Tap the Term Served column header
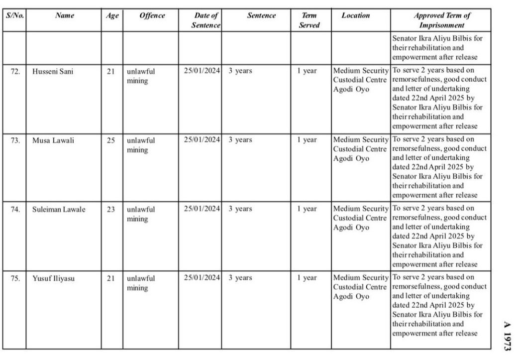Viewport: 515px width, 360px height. [x=309, y=20]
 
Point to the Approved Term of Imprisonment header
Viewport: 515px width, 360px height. [x=442, y=20]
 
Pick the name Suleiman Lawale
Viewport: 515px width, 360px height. [x=59, y=210]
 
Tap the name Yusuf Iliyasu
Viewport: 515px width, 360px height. [x=54, y=278]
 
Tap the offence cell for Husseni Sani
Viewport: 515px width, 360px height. [x=141, y=76]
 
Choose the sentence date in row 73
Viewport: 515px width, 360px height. [x=202, y=140]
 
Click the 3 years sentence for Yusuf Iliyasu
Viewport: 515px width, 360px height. [x=240, y=278]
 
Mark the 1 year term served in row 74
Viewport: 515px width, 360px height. [x=307, y=210]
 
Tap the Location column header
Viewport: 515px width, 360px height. [x=356, y=15]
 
